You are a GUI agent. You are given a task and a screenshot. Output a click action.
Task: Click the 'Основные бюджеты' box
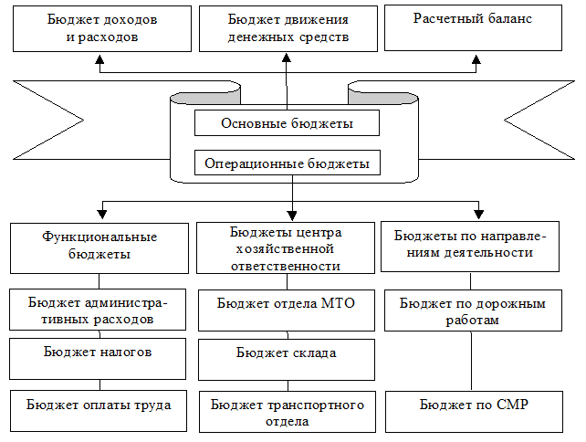(287, 122)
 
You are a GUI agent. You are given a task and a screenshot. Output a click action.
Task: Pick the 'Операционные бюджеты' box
(287, 163)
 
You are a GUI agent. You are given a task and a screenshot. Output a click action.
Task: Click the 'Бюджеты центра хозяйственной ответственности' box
(287, 246)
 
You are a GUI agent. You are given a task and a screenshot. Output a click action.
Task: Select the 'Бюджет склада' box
(287, 358)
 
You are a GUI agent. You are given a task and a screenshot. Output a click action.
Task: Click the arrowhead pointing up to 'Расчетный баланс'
(475, 57)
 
